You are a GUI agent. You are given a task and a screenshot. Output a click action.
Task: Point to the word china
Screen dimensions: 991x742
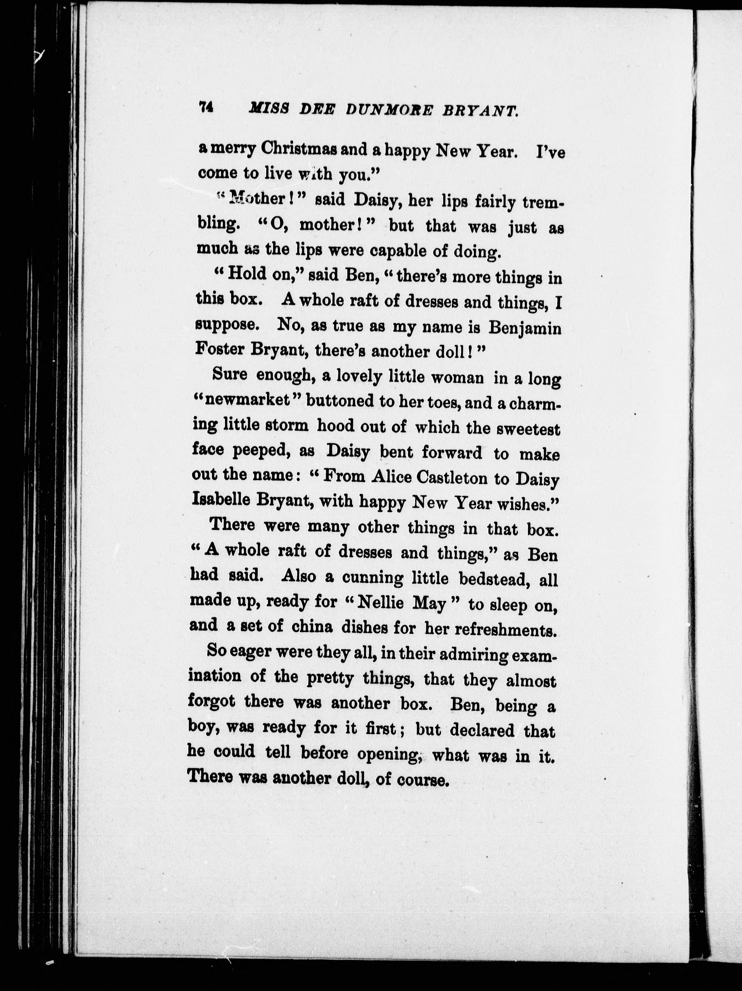pos(312,626)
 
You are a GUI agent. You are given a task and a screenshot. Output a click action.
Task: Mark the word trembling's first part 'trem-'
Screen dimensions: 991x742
pos(543,203)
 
